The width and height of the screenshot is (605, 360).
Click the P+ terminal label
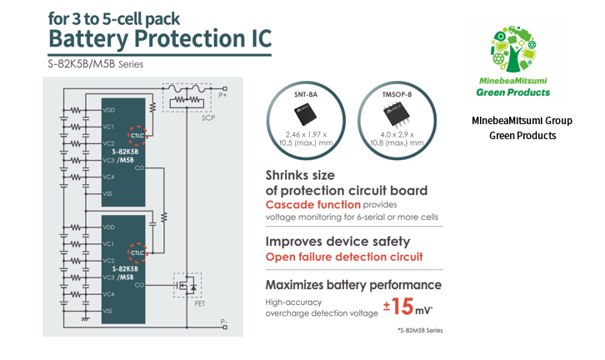tap(223, 95)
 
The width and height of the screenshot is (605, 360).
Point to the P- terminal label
tap(222, 321)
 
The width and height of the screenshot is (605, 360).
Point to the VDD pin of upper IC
tap(108, 111)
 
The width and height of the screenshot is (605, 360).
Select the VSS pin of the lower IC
tap(108, 312)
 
